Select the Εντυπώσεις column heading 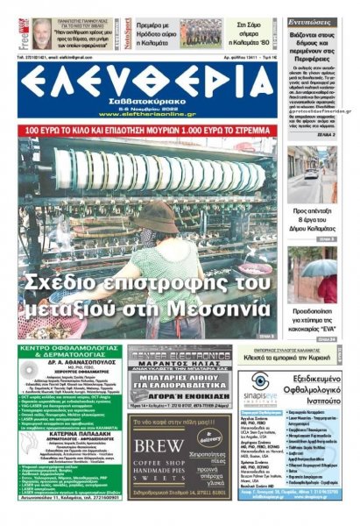click(x=311, y=18)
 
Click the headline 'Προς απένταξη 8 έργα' click(x=311, y=217)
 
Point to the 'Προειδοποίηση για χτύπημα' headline click(x=311, y=317)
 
